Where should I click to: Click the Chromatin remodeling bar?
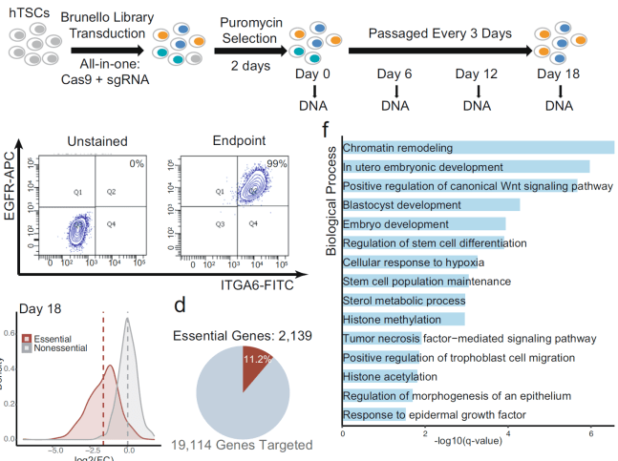pos(478,148)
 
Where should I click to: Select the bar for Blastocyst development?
pos(431,204)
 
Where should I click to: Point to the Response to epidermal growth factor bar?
pos(373,414)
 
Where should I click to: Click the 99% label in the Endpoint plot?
pos(277,164)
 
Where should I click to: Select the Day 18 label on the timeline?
pos(559,73)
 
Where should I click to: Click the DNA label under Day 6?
pos(394,105)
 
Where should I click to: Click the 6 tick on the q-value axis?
pos(592,434)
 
